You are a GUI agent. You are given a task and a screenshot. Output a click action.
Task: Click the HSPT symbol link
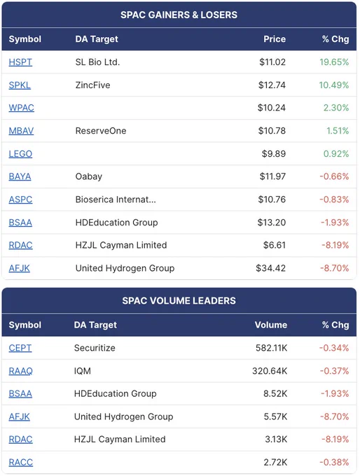[x=20, y=62]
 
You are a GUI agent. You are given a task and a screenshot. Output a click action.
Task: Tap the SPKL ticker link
[x=20, y=85]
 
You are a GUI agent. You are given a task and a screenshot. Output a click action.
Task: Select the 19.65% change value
[x=334, y=62]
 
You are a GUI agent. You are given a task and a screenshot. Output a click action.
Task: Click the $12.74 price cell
[x=272, y=85]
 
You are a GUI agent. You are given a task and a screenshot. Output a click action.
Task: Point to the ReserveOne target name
[x=101, y=131]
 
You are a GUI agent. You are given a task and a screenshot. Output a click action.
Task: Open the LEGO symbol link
[x=20, y=154]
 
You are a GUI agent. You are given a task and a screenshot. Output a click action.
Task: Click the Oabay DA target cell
[x=89, y=176]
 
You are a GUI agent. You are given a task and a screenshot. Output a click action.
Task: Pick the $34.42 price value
[x=270, y=268]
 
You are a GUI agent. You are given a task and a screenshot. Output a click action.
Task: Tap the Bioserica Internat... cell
[x=116, y=199]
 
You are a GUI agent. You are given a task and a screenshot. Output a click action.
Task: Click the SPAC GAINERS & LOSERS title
[x=179, y=15]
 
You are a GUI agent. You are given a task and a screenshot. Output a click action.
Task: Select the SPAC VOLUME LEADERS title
[x=179, y=301]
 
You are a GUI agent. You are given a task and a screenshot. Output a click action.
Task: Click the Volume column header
[x=271, y=325]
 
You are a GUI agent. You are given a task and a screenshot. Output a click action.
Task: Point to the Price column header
[x=275, y=39]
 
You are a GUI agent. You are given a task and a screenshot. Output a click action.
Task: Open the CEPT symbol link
[x=20, y=348]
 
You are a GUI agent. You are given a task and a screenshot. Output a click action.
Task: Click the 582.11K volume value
[x=271, y=348]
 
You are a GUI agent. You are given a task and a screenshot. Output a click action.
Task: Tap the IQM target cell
[x=83, y=371]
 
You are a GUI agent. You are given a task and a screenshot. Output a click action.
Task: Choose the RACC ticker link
[x=20, y=462]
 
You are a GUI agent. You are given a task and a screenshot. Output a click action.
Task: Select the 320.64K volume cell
[x=270, y=371]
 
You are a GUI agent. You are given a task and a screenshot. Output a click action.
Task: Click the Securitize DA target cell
[x=95, y=348]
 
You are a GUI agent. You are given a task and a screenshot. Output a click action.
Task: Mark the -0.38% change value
[x=334, y=462]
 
